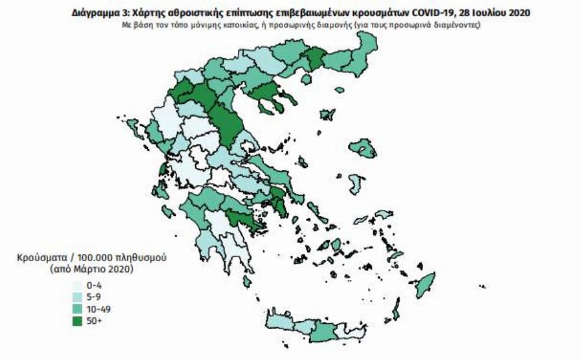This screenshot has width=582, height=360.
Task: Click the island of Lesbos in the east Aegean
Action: pos(363,149)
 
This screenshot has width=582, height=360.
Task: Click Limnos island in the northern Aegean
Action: pos(328,116)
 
